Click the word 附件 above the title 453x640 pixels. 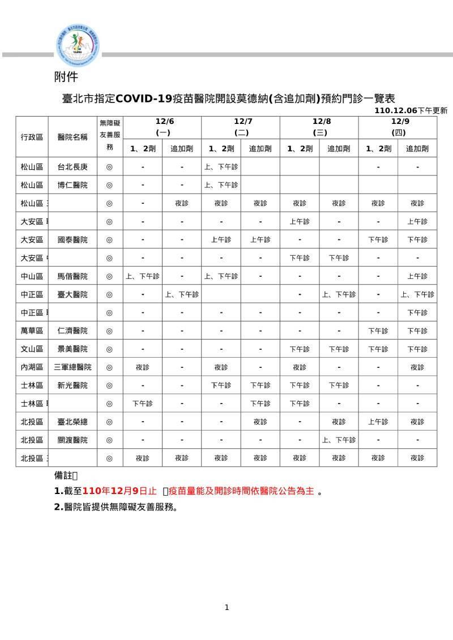click(66, 76)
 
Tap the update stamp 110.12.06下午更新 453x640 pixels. click(411, 111)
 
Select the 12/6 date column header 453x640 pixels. click(162, 127)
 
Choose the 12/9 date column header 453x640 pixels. click(398, 127)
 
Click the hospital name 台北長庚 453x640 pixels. click(72, 167)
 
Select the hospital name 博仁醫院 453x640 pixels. click(72, 185)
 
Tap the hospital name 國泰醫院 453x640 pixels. click(72, 240)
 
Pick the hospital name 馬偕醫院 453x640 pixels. click(72, 276)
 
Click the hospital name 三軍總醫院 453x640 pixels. click(72, 367)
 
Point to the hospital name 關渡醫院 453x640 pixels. click(72, 440)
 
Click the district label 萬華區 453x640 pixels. click(32, 331)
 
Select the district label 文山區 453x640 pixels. click(32, 349)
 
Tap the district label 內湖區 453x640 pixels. click(32, 367)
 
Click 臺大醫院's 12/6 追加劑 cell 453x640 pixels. click(182, 294)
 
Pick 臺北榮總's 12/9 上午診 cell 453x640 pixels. click(378, 422)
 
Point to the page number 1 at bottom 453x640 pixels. click(226, 608)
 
